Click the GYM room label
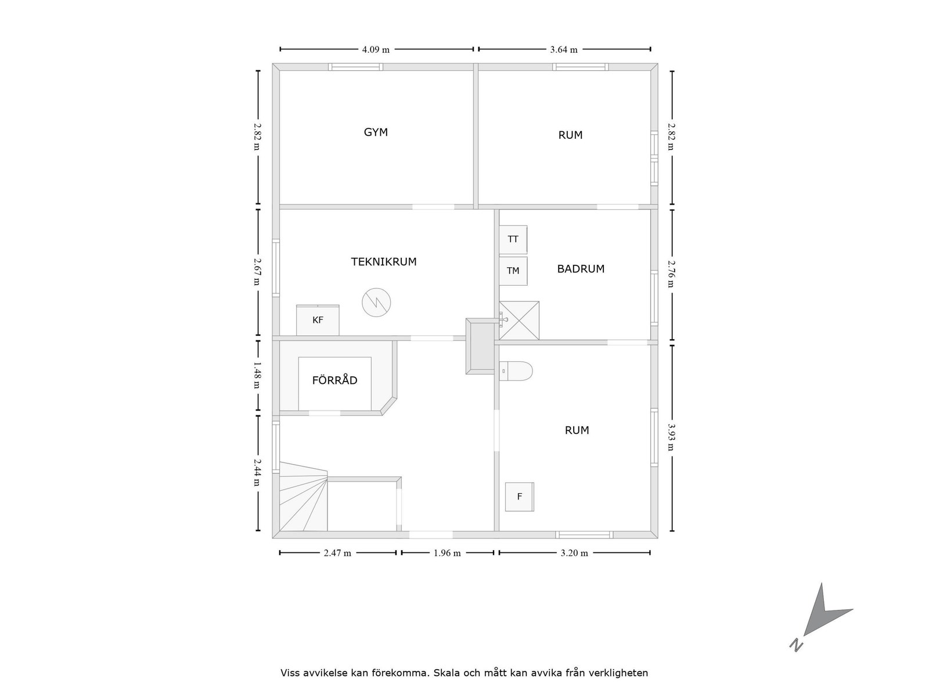coord(376,132)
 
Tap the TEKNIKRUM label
coord(384,262)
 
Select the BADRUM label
coord(581,269)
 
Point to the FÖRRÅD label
coord(334,381)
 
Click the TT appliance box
coord(513,239)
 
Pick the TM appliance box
coord(513,271)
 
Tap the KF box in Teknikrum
coord(318,320)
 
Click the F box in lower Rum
coord(520,497)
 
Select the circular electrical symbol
coord(376,302)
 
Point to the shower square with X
coord(520,320)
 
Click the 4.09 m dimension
coord(376,49)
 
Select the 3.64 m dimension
coord(564,49)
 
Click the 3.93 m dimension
coord(672,437)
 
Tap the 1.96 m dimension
coord(447,553)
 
